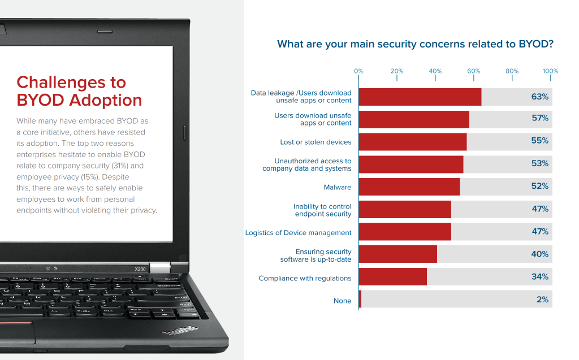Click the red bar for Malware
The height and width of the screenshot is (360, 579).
click(x=409, y=186)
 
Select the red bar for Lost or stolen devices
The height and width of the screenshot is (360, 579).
click(x=412, y=141)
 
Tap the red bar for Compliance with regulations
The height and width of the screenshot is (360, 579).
click(x=392, y=277)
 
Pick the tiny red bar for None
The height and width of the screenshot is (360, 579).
click(x=360, y=300)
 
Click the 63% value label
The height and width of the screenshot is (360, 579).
click(x=539, y=97)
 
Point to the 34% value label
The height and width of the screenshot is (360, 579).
click(x=539, y=277)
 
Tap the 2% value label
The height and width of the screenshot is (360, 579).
click(x=542, y=300)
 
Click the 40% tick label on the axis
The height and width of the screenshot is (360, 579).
click(x=435, y=71)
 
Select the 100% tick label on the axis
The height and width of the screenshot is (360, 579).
click(x=550, y=71)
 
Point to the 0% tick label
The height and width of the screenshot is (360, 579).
click(x=358, y=71)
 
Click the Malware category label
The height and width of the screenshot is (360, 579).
click(x=337, y=187)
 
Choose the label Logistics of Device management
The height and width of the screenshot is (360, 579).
click(x=298, y=232)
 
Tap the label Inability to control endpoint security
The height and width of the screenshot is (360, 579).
click(x=322, y=210)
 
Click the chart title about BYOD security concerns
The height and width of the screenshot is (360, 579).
click(x=415, y=44)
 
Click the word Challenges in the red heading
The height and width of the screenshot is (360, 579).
click(x=71, y=83)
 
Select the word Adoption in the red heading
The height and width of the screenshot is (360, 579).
click(x=106, y=101)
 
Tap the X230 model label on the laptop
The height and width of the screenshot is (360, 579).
click(x=140, y=268)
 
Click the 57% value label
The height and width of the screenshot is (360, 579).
click(x=539, y=119)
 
